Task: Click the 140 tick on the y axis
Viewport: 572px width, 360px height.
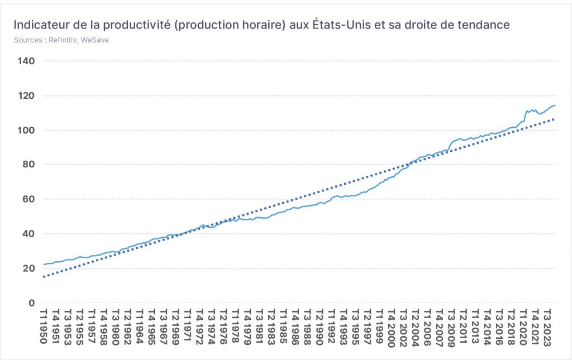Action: coord(26,61)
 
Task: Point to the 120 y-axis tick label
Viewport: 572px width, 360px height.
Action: coord(26,96)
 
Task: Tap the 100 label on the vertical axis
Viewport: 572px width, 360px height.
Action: coord(26,130)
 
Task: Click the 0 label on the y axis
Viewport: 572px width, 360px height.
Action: coord(32,303)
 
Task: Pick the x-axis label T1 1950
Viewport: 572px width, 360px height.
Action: coord(44,327)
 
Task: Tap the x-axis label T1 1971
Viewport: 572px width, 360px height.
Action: coord(188,325)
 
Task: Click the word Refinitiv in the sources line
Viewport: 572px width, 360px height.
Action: coord(63,40)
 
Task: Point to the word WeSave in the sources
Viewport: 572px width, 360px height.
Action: coord(95,40)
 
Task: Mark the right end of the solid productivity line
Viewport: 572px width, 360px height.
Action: coord(555,105)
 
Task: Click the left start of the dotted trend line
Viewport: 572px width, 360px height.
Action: coord(44,277)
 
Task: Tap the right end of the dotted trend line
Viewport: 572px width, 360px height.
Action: coord(554,119)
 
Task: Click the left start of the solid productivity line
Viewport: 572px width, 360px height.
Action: coord(44,264)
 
